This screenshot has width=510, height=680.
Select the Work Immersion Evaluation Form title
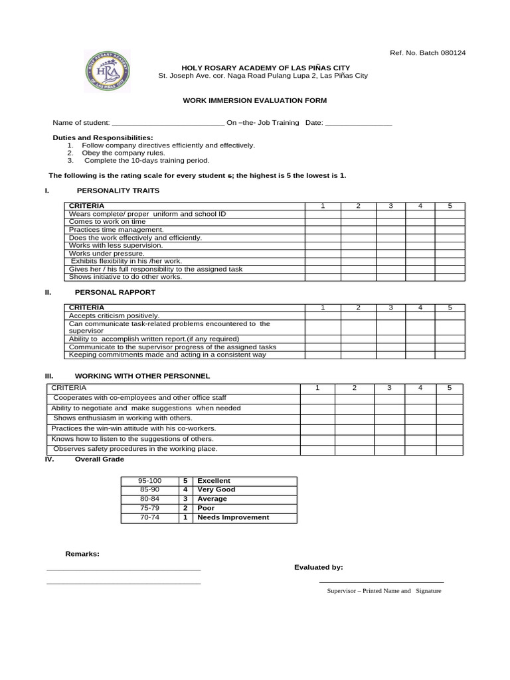pyautogui.click(x=255, y=100)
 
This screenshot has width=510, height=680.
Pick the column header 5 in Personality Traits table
pyautogui.click(x=450, y=206)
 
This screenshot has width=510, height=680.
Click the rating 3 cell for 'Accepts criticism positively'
pyautogui.click(x=390, y=315)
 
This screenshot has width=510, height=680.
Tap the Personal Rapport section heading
pyautogui.click(x=115, y=292)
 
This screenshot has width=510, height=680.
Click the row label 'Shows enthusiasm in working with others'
pyautogui.click(x=123, y=418)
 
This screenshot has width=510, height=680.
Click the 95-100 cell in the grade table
pyautogui.click(x=149, y=480)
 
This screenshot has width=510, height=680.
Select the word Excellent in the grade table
pyautogui.click(x=214, y=480)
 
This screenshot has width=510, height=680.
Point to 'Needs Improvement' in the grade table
pyautogui.click(x=233, y=517)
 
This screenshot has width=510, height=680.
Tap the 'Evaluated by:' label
pyautogui.click(x=319, y=567)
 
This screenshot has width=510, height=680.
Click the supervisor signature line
pyautogui.click(x=382, y=582)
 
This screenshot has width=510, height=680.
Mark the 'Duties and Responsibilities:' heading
pyautogui.click(x=103, y=137)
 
